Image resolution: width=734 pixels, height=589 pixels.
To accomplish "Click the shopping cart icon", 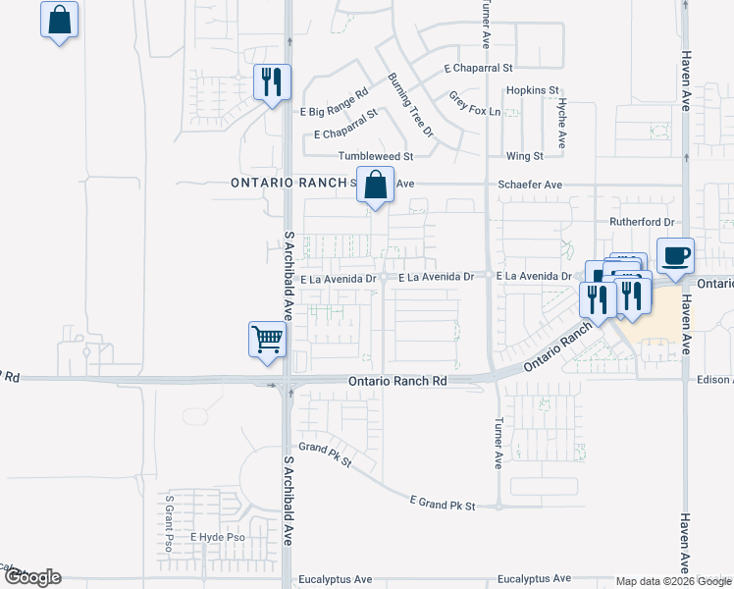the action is point(267,341).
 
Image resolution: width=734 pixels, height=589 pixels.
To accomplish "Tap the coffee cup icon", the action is point(674,257).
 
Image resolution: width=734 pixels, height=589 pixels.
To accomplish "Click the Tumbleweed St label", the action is point(377,156).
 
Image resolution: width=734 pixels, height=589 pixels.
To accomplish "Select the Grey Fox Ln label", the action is point(475,103).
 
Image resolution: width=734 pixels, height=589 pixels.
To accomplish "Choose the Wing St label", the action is point(524,156).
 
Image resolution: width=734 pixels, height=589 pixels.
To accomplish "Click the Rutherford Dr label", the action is point(643,222).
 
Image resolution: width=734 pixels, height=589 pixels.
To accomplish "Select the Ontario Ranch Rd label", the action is point(397,380).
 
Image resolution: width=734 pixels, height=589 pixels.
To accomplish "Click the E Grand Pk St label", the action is point(442,505).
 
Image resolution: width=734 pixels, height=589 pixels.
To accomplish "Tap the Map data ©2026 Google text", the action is point(673,580).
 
